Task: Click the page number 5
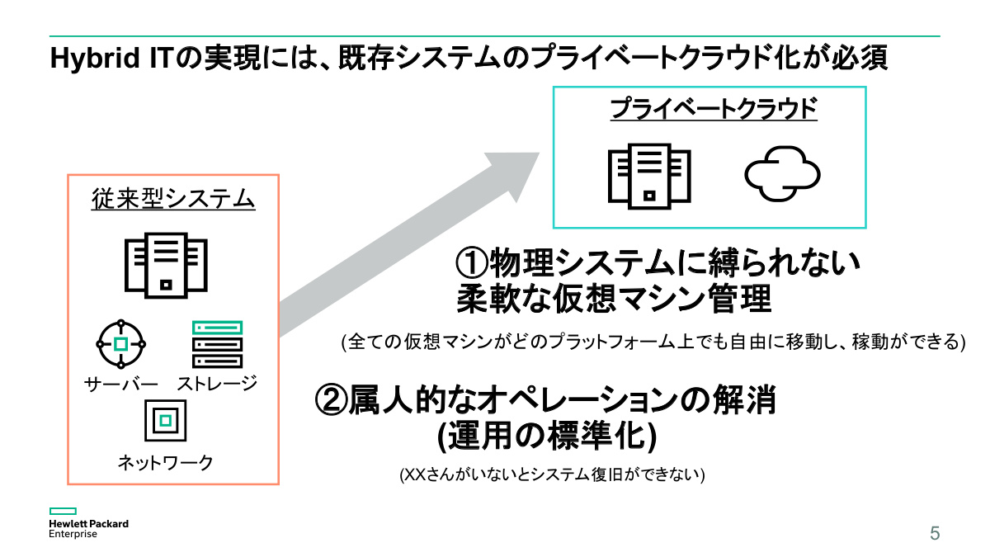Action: coord(934,533)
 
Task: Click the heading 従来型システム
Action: coord(173,199)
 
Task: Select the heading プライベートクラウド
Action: coord(713,109)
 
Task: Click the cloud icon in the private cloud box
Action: coord(782,174)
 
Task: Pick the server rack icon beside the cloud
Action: coord(649,177)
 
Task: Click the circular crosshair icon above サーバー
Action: coord(120,343)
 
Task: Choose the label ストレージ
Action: coord(217,384)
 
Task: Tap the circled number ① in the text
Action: coord(472,264)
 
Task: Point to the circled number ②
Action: coord(332,401)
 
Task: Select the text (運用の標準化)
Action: coord(546,437)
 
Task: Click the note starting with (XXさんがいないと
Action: coord(551,475)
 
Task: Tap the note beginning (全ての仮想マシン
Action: coord(653,342)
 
